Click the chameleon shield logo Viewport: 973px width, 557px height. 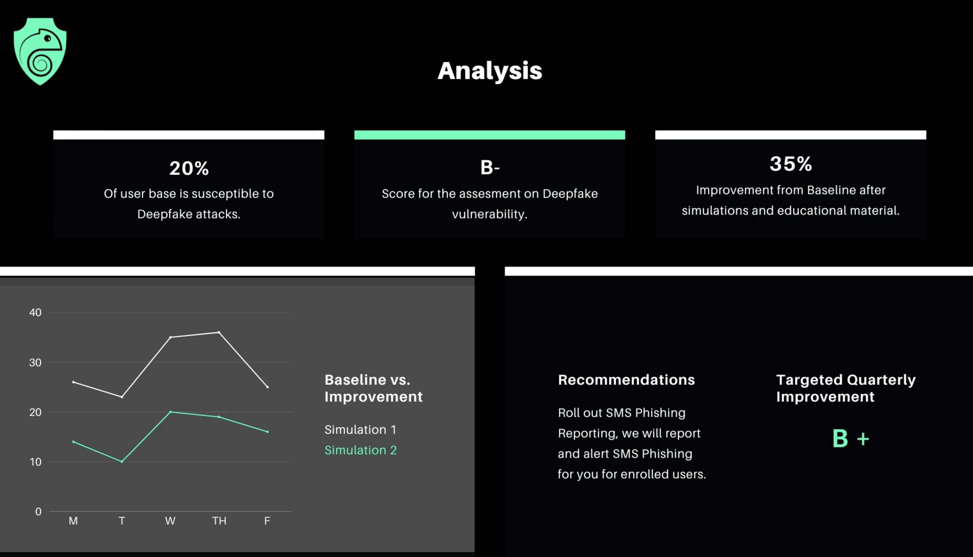[x=40, y=51]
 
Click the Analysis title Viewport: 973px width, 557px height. [x=490, y=71]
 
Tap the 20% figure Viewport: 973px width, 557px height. [x=189, y=168]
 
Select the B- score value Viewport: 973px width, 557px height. [x=490, y=168]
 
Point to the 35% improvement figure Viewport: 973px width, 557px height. [x=791, y=164]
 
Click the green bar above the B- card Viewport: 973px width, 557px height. [x=490, y=135]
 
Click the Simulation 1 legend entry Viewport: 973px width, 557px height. [x=360, y=430]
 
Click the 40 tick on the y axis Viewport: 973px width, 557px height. [x=35, y=313]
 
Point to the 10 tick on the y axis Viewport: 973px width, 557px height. [x=35, y=462]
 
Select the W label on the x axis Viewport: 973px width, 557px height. [x=170, y=521]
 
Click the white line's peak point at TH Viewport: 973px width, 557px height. [x=219, y=332]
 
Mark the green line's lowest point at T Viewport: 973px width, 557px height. [x=122, y=462]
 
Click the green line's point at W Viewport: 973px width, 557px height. [x=170, y=412]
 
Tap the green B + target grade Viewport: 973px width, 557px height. [x=851, y=438]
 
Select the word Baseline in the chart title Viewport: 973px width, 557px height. [x=355, y=380]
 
